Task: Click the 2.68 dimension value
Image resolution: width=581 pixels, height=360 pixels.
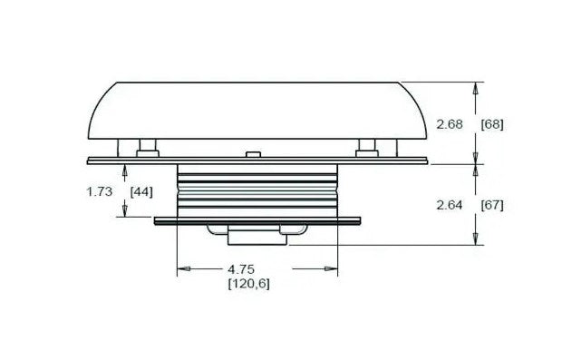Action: click(x=450, y=124)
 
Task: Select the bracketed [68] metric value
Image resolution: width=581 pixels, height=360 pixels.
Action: click(x=492, y=124)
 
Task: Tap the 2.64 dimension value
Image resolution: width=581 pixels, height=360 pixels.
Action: click(x=450, y=205)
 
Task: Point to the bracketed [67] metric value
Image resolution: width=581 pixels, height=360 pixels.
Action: click(x=492, y=205)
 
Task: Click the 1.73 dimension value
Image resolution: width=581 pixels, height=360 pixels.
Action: click(x=100, y=191)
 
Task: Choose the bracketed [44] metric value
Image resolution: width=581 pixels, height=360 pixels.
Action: click(x=141, y=192)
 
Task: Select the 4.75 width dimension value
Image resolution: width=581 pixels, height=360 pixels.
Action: click(x=241, y=268)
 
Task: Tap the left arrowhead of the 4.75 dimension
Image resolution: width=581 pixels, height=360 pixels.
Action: click(x=184, y=268)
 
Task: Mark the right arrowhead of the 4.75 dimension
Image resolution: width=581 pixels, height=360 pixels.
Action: click(x=331, y=268)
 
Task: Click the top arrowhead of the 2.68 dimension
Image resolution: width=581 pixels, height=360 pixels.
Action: click(x=476, y=89)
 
